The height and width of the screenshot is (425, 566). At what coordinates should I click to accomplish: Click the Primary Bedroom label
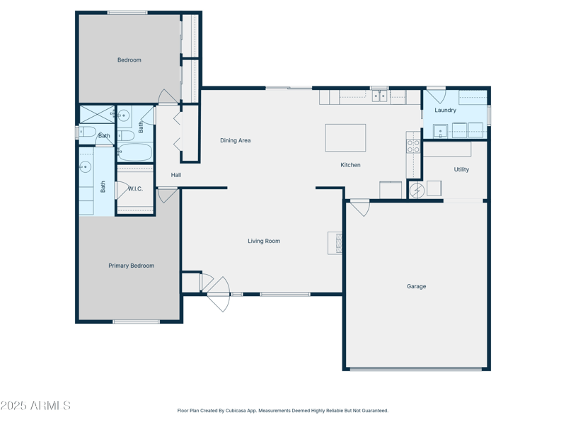coord(132,266)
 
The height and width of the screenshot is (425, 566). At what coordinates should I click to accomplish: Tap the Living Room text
coord(264,241)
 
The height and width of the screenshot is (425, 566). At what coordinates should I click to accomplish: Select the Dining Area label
coord(236,140)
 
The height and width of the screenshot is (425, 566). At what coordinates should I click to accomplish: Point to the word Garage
coord(417,286)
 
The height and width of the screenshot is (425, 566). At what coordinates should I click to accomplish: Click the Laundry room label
coord(446,110)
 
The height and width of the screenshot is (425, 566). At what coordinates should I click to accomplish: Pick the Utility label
coord(461,169)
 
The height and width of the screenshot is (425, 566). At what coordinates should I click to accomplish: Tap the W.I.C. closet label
coord(135,188)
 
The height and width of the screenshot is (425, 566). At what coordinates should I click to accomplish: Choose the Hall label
coord(175,175)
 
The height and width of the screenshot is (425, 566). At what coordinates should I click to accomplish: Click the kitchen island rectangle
coord(345,137)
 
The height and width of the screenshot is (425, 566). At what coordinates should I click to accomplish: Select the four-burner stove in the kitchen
coord(413,146)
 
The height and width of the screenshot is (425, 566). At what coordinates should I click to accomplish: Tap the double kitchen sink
coord(379,96)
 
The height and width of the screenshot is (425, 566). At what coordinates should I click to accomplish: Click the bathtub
coord(134,152)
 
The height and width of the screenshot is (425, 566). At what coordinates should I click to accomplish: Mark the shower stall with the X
coord(97,114)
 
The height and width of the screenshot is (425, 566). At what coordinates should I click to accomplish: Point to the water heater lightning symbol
coord(417,191)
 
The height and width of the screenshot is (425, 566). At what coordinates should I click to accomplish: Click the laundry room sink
coord(440,131)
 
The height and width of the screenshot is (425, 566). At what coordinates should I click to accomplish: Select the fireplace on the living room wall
coord(335,243)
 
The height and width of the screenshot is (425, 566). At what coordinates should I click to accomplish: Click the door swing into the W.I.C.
coord(122,190)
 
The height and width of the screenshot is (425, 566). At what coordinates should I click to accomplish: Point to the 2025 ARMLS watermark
coord(35,405)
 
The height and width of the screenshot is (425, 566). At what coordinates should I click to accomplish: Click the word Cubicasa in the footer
coord(235,411)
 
